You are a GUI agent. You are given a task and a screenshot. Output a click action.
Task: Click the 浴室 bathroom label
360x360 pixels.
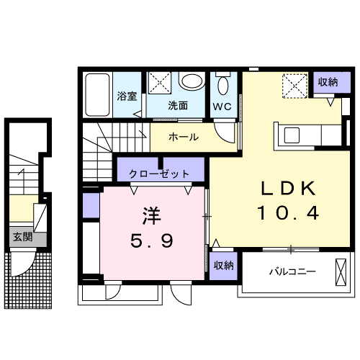(x=127, y=96)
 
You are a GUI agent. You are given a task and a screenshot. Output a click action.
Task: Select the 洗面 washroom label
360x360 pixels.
(x=178, y=105)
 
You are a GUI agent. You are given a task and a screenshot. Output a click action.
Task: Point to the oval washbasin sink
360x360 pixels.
(x=191, y=82)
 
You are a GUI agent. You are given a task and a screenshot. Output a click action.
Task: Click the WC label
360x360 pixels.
(x=222, y=106)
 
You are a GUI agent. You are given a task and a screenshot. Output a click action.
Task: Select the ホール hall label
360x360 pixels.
(x=184, y=137)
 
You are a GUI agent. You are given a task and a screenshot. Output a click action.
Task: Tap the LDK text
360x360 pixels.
(x=288, y=188)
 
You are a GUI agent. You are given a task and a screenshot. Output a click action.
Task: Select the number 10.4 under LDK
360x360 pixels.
(x=288, y=213)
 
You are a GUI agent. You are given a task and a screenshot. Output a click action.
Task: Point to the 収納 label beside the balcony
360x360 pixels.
(x=223, y=266)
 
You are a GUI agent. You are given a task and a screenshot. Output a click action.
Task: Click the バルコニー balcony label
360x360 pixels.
(x=293, y=272)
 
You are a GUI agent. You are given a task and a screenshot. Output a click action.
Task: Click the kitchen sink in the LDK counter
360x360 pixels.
(x=294, y=135)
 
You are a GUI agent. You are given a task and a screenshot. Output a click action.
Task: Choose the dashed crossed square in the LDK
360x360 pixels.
(x=294, y=86)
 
